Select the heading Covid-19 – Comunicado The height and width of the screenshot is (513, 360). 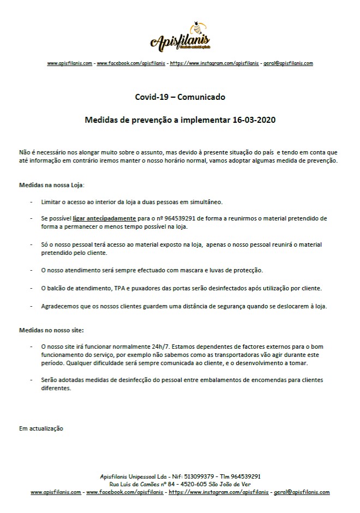pyautogui.click(x=179, y=97)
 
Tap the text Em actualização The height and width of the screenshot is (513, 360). pyautogui.click(x=41, y=428)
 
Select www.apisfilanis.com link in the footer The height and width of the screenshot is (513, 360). pyautogui.click(x=56, y=492)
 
